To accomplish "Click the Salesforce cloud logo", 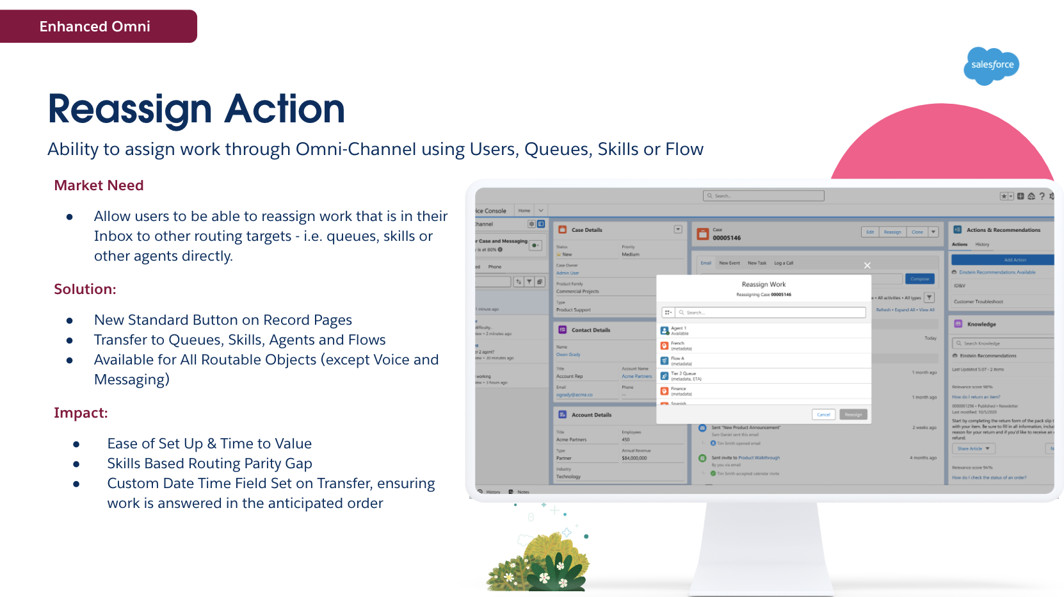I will [991, 65].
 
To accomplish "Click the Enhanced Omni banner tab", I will [95, 26].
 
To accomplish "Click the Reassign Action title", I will [196, 109].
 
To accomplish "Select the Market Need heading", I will [99, 186].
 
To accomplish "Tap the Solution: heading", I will [85, 290].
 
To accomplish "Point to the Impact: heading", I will [81, 413].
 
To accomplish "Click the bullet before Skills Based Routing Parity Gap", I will [76, 464].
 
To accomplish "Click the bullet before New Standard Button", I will [69, 321].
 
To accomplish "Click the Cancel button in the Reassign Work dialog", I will [823, 414].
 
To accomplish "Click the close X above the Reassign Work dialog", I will [867, 265].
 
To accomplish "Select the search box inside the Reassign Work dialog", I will [771, 313].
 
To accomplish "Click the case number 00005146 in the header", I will [727, 238].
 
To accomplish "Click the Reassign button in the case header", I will [892, 232].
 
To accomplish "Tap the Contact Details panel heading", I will [590, 331].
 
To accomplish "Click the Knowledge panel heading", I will [981, 324].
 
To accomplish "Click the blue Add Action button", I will [1002, 259].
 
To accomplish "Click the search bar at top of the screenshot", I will [763, 196].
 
